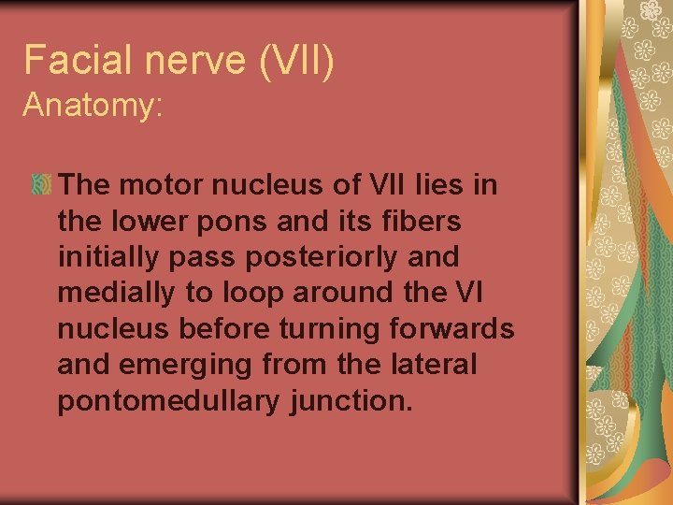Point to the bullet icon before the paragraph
pos(41,185)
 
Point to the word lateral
pos(437,364)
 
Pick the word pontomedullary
pos(168,400)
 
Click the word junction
pos(351,400)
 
